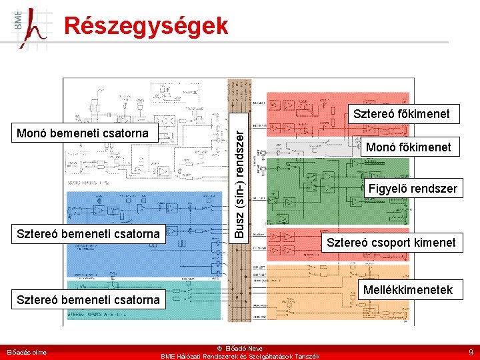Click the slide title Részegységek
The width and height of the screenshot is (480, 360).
(146, 26)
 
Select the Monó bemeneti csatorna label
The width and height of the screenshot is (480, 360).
(83, 133)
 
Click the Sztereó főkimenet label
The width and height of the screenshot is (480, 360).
(401, 114)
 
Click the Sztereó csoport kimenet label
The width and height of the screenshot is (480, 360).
(391, 242)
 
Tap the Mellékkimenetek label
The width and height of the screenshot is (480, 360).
(407, 289)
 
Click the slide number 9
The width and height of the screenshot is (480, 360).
(470, 351)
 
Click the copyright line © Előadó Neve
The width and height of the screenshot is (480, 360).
(240, 348)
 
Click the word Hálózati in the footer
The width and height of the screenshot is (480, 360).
(193, 357)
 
